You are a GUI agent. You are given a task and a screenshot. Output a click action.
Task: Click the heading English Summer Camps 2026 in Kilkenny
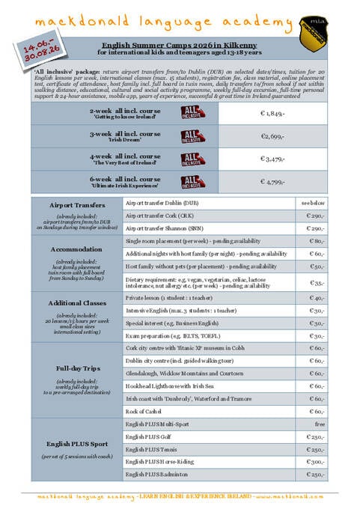[180, 45]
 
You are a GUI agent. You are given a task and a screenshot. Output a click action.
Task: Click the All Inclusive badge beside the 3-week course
[192, 136]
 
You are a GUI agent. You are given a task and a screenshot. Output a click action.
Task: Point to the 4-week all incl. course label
[125, 156]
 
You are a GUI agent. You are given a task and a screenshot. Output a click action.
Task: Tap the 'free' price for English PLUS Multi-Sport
[317, 424]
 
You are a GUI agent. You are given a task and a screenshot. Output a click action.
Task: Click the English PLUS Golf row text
[149, 436]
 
